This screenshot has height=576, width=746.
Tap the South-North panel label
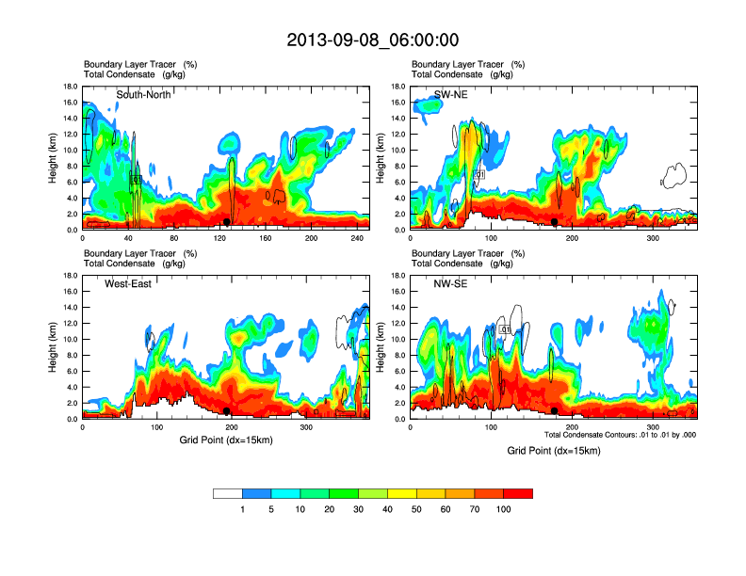pyautogui.click(x=143, y=94)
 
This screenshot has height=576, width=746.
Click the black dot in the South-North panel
pyautogui.click(x=227, y=221)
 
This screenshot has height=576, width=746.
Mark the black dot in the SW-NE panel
pyautogui.click(x=555, y=221)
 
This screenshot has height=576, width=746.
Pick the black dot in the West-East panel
pyautogui.click(x=227, y=411)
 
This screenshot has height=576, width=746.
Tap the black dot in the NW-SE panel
pyautogui.click(x=555, y=411)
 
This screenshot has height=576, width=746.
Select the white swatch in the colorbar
pyautogui.click(x=228, y=493)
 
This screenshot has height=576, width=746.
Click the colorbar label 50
pyautogui.click(x=416, y=509)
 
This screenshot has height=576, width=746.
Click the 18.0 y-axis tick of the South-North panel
pyautogui.click(x=70, y=87)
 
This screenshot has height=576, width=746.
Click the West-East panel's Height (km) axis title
pyautogui.click(x=53, y=347)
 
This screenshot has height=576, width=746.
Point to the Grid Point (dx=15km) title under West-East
pyautogui.click(x=226, y=440)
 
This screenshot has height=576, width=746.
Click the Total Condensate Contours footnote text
pyautogui.click(x=620, y=434)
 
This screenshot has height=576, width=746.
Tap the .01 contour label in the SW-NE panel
pyautogui.click(x=479, y=174)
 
